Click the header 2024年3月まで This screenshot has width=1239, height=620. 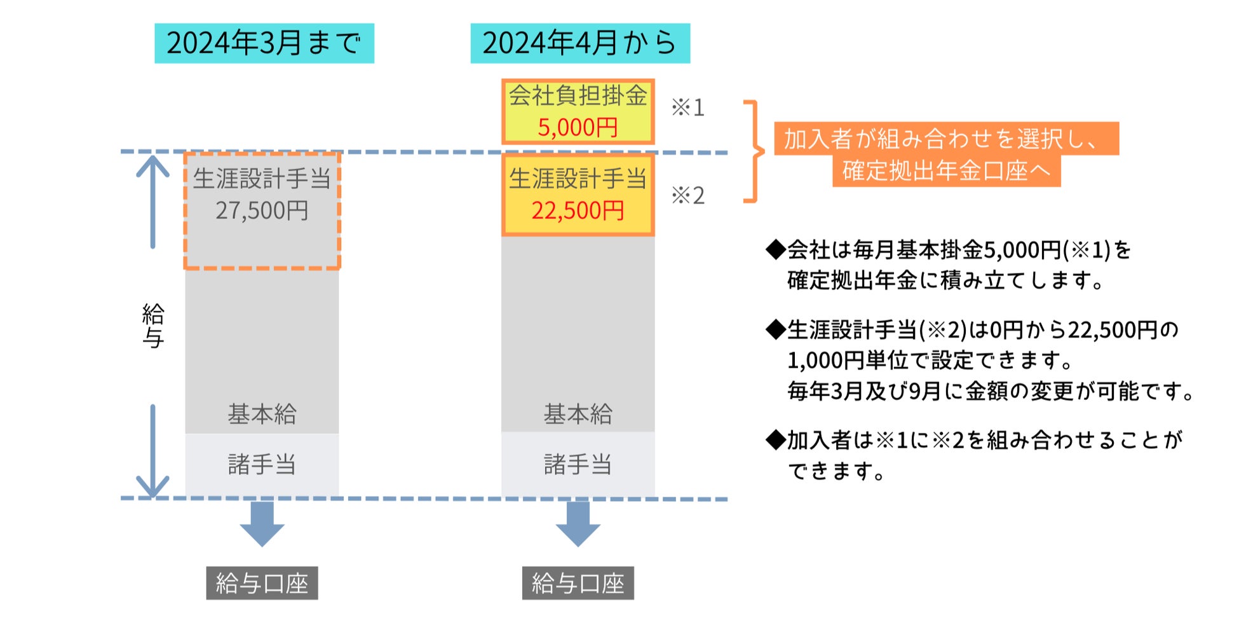[x=264, y=43]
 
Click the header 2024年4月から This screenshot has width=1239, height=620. [x=579, y=43]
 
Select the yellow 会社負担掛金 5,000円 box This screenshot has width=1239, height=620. [x=578, y=112]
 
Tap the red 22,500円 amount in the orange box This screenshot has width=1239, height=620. [x=578, y=210]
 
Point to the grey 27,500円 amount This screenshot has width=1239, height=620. [x=262, y=210]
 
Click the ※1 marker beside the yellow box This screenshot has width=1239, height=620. [x=687, y=107]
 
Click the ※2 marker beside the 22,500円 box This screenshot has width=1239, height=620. [x=687, y=195]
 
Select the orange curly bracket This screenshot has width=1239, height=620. [x=754, y=151]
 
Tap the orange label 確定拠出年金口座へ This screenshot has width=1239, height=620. [x=946, y=171]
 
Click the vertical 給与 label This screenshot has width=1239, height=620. [x=152, y=326]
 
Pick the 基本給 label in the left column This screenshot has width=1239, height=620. [x=262, y=414]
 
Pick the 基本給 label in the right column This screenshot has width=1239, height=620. [x=578, y=414]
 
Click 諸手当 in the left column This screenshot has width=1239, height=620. [x=262, y=464]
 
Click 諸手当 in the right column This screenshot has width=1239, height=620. [x=578, y=464]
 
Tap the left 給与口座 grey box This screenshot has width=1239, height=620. [x=262, y=583]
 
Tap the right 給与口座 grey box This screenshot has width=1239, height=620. [x=578, y=583]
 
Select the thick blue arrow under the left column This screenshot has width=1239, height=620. [x=262, y=524]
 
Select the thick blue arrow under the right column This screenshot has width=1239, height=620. [x=578, y=524]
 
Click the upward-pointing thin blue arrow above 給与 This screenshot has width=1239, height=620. [x=152, y=200]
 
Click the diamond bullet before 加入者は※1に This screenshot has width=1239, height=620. [x=776, y=439]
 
